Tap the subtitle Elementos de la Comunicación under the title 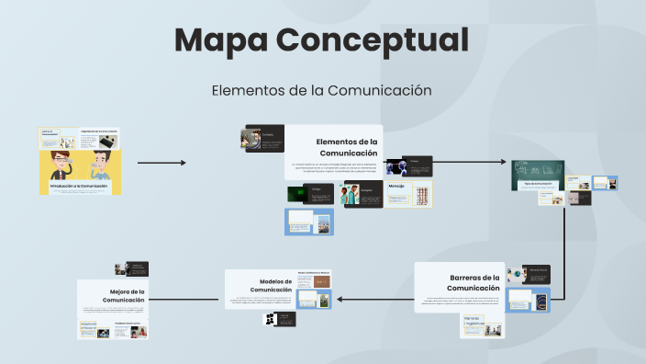click(321, 90)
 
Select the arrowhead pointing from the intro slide click(183, 163)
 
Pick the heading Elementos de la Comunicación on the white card click(347, 147)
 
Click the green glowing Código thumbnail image click(297, 193)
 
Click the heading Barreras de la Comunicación click(474, 282)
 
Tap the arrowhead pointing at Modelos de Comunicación click(341, 299)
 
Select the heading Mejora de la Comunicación click(124, 296)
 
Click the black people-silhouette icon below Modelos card click(271, 319)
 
